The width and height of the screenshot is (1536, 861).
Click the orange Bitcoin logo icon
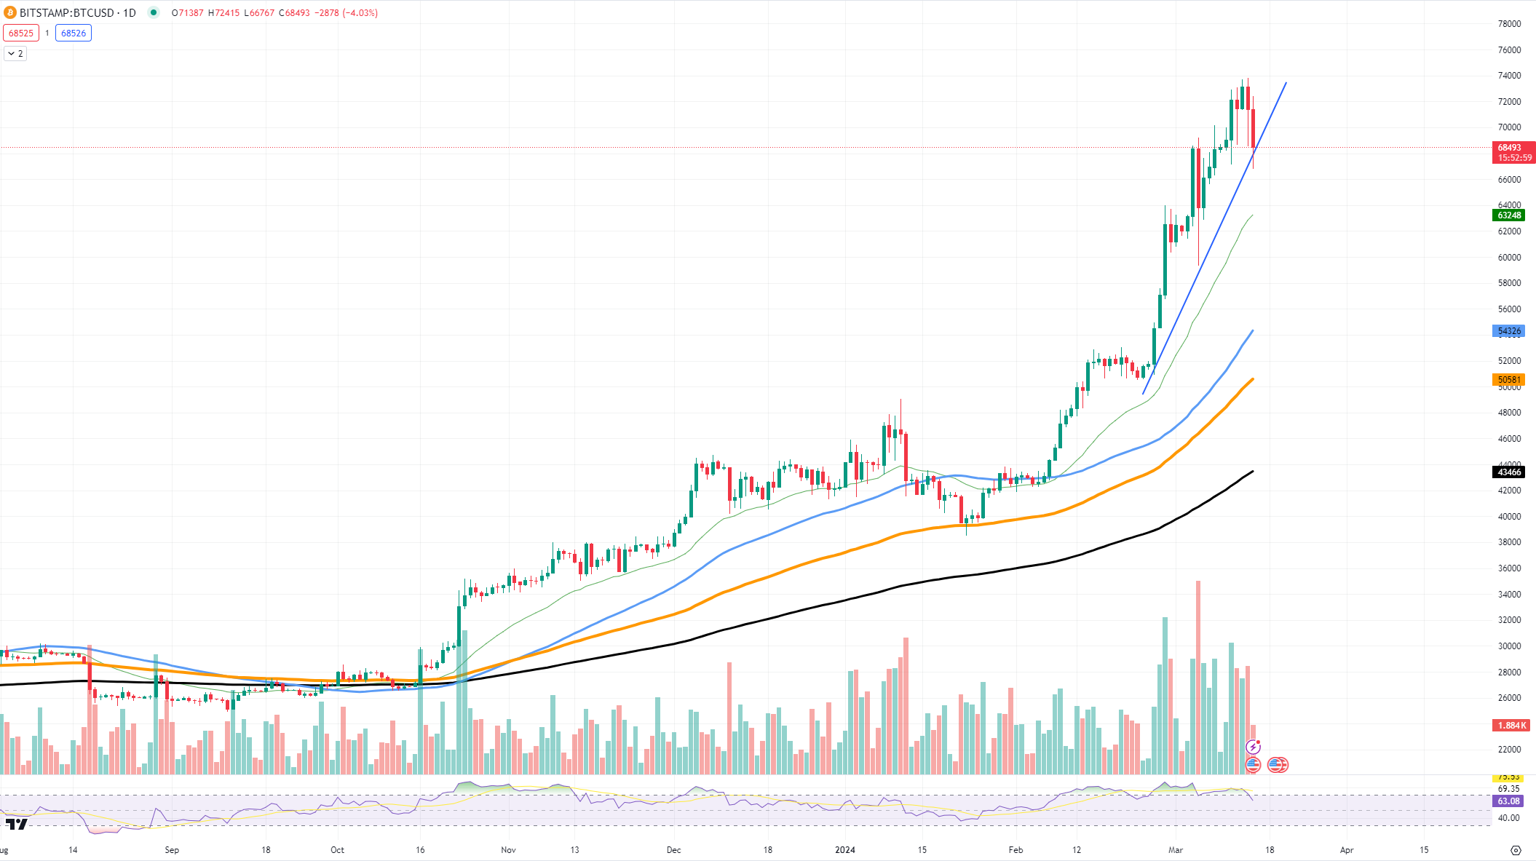(x=10, y=12)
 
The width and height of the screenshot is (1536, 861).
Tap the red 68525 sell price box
(x=21, y=33)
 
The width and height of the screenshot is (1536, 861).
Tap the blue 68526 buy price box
(x=74, y=33)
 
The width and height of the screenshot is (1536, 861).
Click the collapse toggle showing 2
(x=15, y=53)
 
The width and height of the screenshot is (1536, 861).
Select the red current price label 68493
(x=1511, y=148)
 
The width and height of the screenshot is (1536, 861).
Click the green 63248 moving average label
(x=1509, y=215)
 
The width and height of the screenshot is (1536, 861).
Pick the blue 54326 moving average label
(x=1509, y=331)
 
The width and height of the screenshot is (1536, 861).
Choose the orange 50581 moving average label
(x=1509, y=380)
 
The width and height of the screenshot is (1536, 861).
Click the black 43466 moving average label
(x=1509, y=472)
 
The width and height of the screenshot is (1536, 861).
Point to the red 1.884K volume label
(x=1511, y=725)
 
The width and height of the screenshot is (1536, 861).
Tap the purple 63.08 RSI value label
(x=1508, y=801)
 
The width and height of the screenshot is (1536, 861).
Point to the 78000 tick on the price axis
(x=1509, y=24)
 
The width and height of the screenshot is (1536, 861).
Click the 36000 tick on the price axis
(x=1509, y=568)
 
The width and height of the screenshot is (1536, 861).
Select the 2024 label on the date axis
(x=844, y=849)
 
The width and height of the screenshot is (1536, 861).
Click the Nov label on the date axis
(x=508, y=849)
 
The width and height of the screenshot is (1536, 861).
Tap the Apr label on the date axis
(x=1347, y=849)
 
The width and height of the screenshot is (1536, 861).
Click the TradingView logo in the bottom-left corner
(x=16, y=824)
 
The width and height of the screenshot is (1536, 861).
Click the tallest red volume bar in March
(x=1198, y=677)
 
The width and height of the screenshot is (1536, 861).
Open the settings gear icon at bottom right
(x=1516, y=850)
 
